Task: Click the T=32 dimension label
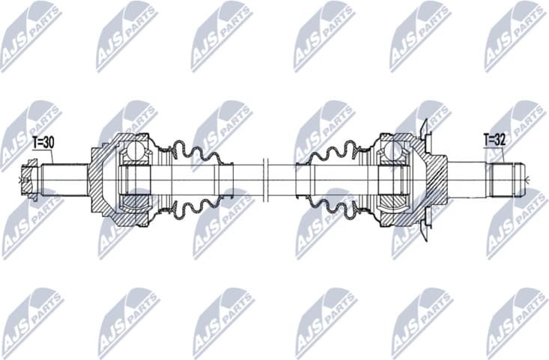click(x=494, y=139)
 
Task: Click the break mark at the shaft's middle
click(x=265, y=180)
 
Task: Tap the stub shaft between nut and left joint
click(x=64, y=180)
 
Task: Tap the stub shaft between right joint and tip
click(x=468, y=180)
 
